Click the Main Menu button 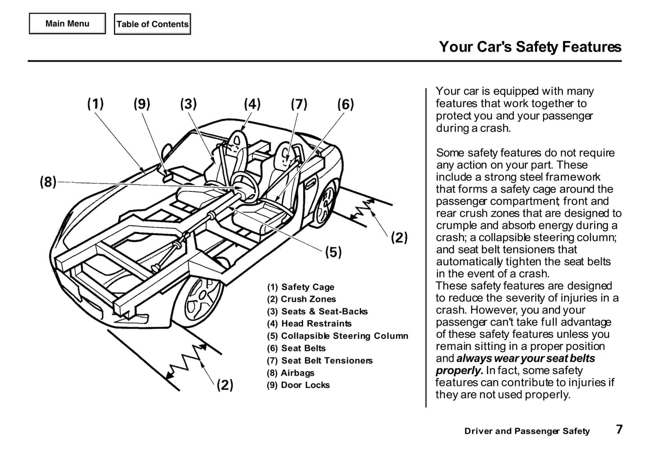point(67,24)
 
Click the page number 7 point(619,429)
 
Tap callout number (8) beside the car point(48,182)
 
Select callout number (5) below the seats point(333,252)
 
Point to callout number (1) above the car point(95,104)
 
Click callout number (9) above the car point(142,104)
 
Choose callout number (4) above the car point(252,104)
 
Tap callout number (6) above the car point(345,104)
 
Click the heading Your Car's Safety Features point(530,47)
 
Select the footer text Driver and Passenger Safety point(527,431)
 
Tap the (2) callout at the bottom point(225,385)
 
